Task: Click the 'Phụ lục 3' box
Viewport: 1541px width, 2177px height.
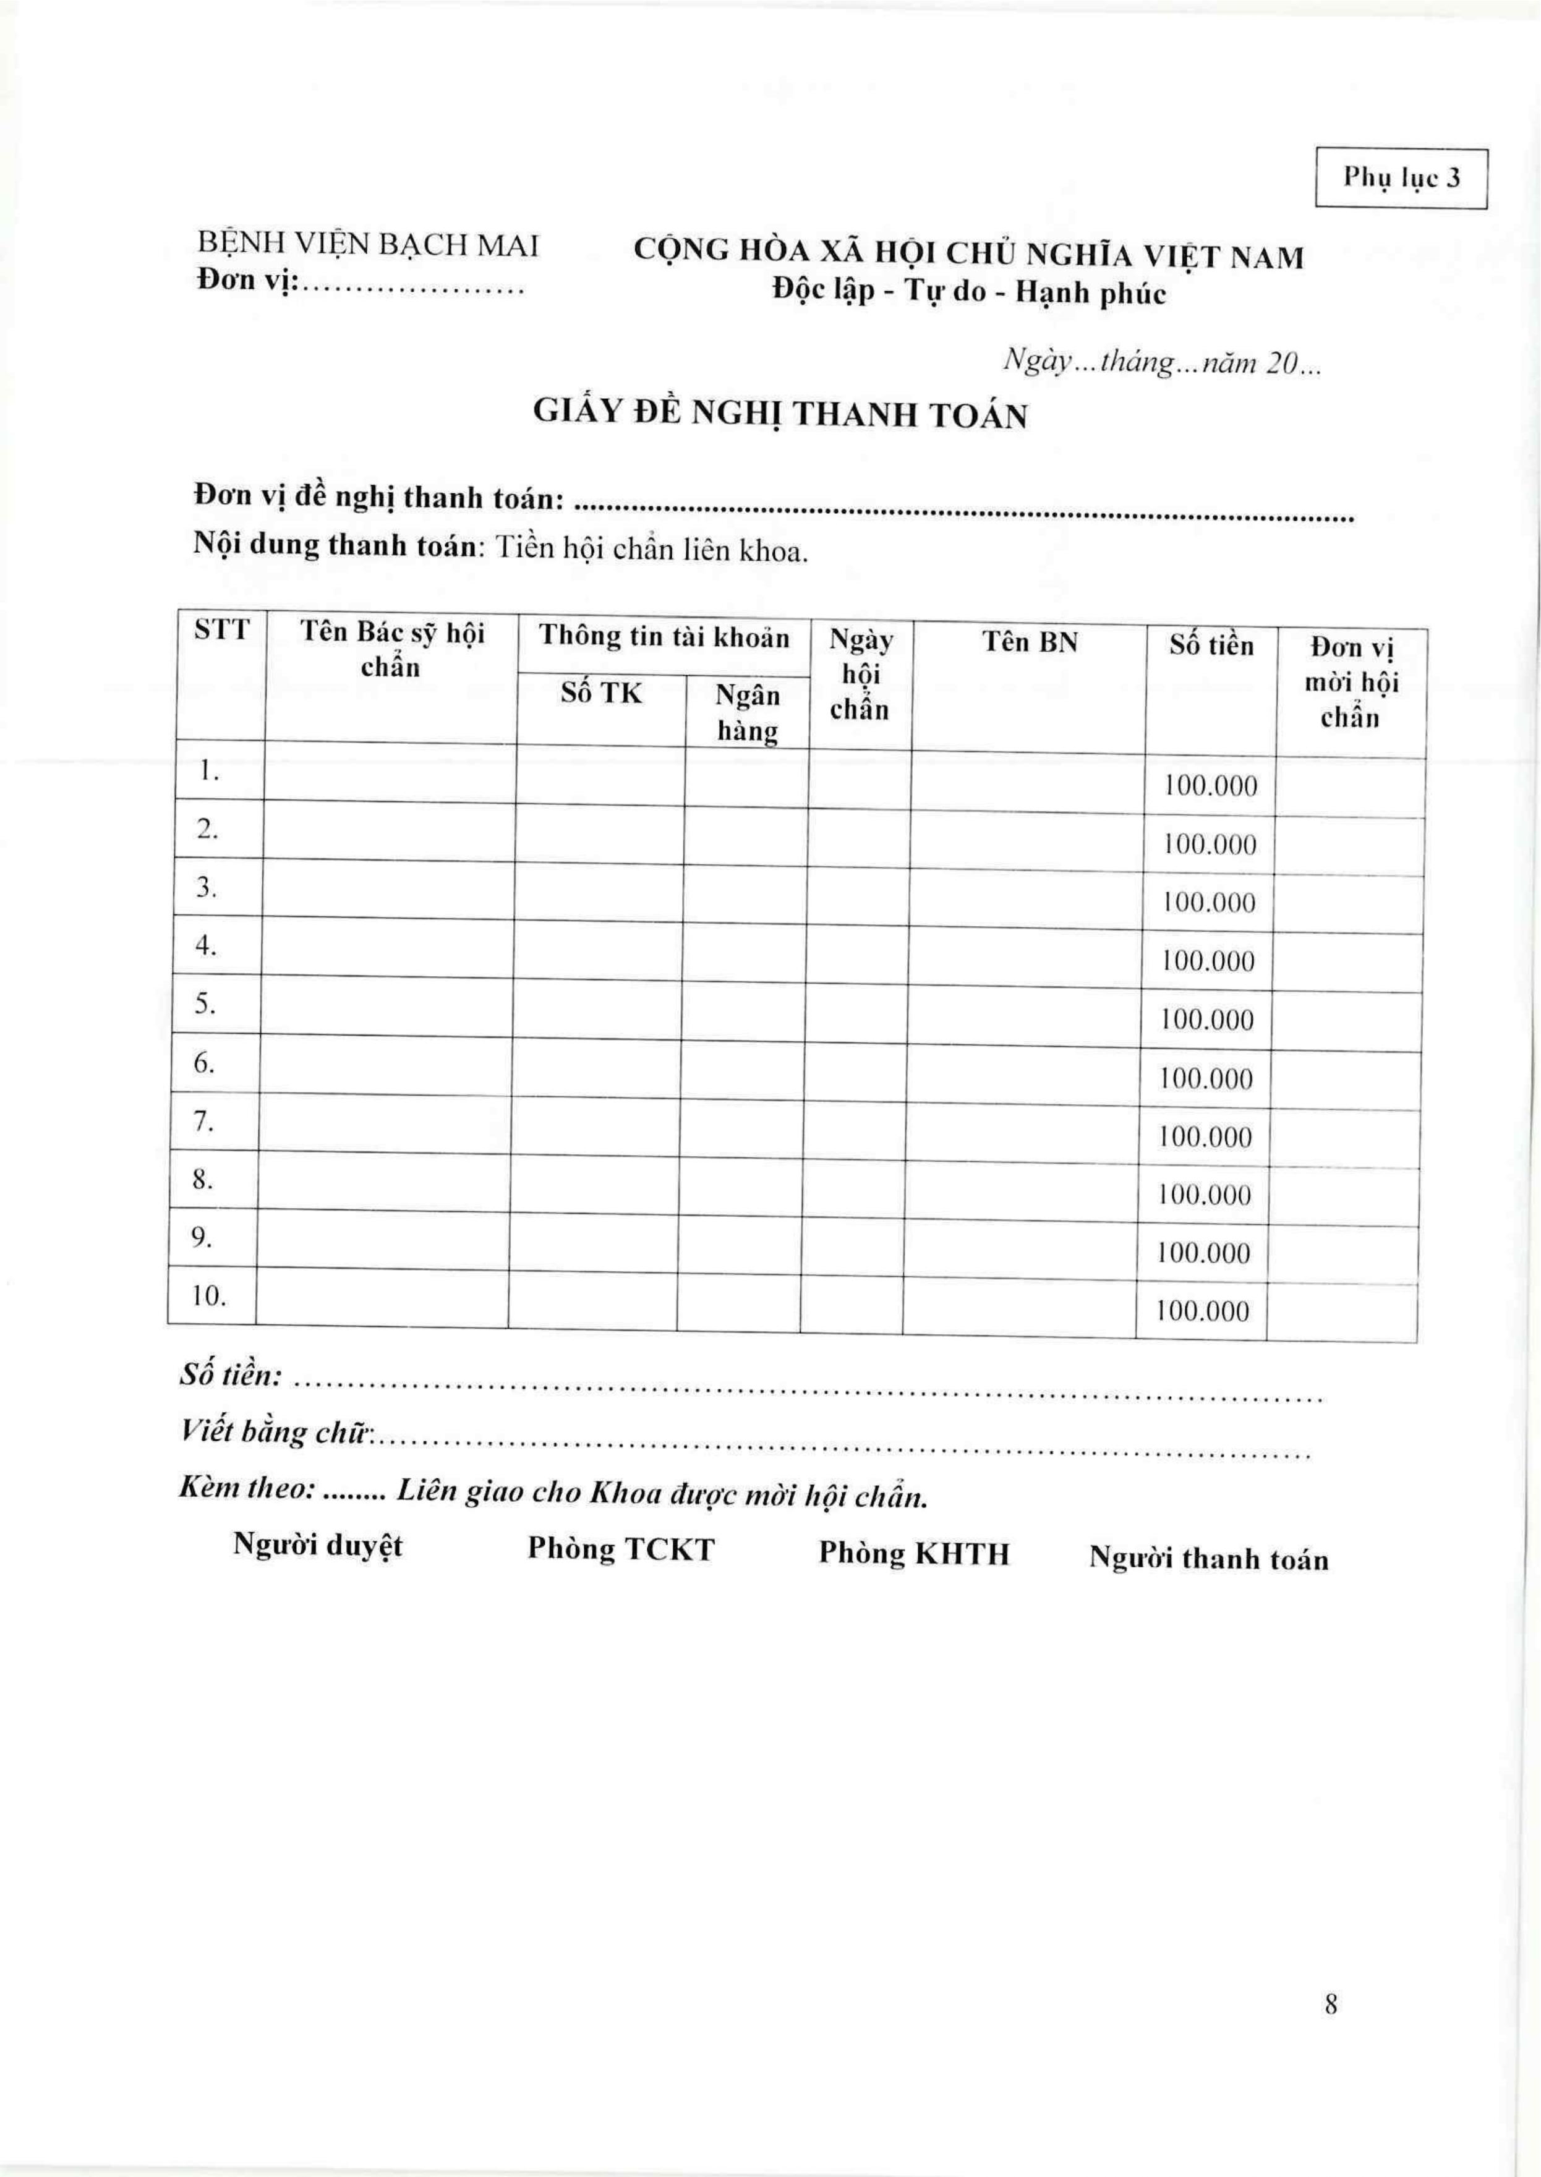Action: (1401, 178)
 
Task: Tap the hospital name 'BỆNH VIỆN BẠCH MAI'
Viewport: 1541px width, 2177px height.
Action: (368, 245)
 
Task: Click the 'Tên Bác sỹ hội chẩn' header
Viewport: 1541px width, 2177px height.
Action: (392, 649)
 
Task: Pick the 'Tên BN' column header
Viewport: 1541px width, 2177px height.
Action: (1030, 642)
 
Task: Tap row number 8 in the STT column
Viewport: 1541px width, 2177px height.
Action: (203, 1179)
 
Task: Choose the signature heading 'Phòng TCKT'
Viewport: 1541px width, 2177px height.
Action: (621, 1548)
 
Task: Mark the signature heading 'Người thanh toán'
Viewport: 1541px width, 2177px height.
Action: (1208, 1559)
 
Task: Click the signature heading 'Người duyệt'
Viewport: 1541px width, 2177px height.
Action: (318, 1544)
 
